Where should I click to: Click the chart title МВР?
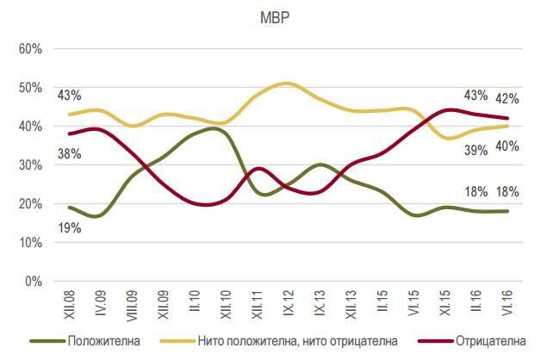point(275,18)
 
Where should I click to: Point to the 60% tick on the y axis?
point(30,49)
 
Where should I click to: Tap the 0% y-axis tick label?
point(34,281)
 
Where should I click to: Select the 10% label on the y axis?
point(30,243)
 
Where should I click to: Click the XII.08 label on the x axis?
point(70,305)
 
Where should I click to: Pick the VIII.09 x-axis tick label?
point(132,305)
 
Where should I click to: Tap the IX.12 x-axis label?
point(289,303)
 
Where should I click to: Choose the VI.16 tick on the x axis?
point(507,303)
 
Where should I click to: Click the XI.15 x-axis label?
point(445,303)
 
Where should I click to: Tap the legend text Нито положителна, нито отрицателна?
point(297,341)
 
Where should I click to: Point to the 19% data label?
point(70,228)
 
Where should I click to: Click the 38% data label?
point(70,153)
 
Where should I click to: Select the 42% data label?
point(507,99)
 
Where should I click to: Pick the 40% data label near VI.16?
point(507,146)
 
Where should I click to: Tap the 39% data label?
point(476,151)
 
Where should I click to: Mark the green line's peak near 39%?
point(214,128)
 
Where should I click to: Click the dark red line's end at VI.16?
point(507,118)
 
